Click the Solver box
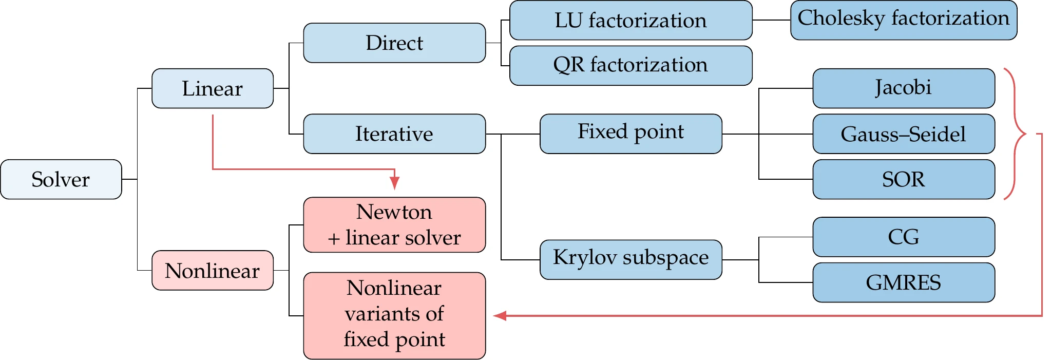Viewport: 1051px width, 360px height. pyautogui.click(x=61, y=179)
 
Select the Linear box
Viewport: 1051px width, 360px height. pyautogui.click(x=213, y=88)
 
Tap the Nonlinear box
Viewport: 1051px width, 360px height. pyautogui.click(x=213, y=270)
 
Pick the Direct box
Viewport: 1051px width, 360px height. pyautogui.click(x=394, y=43)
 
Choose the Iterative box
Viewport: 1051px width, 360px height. pyautogui.click(x=394, y=134)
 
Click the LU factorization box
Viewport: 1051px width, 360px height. pyautogui.click(x=630, y=21)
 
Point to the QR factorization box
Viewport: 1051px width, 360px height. pyautogui.click(x=630, y=65)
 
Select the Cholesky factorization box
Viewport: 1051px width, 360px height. pyautogui.click(x=904, y=21)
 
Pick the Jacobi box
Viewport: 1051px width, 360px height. pyautogui.click(x=904, y=88)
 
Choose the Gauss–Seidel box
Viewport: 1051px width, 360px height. pyautogui.click(x=904, y=134)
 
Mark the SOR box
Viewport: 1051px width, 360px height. pyautogui.click(x=904, y=179)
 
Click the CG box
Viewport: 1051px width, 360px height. pyautogui.click(x=904, y=237)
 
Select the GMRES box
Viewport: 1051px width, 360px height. pyautogui.click(x=904, y=282)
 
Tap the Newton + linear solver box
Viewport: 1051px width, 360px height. pyautogui.click(x=394, y=225)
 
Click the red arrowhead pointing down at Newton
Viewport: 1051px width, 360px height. pyautogui.click(x=394, y=183)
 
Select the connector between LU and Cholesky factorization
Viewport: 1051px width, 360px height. pyautogui.click(x=771, y=20)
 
